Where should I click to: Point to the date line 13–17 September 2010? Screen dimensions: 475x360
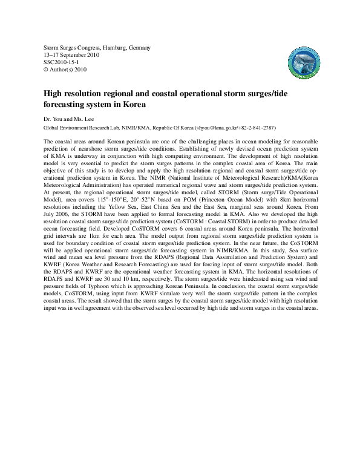72,55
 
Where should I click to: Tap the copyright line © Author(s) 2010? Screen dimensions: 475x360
66,70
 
